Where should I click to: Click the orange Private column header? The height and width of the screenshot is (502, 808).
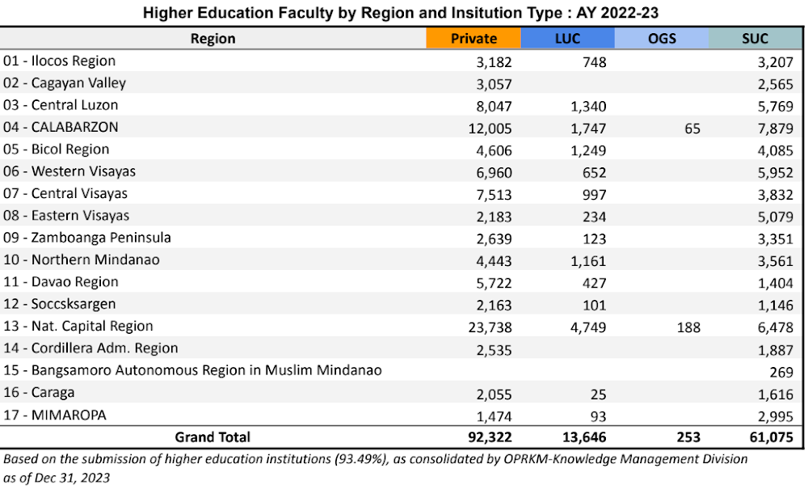coord(473,39)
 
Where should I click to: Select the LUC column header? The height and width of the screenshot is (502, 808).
coord(567,39)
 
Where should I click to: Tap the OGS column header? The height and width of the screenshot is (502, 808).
coord(662,39)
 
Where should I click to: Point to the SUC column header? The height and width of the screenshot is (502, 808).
coord(755,39)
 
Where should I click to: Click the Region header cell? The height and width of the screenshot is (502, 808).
coord(213,39)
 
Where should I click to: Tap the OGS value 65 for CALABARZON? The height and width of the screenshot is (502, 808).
coord(692,128)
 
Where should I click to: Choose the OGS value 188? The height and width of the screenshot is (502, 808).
coord(689,327)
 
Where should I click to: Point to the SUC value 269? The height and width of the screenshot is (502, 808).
coord(783,371)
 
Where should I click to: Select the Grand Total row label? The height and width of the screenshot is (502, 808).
coord(213,437)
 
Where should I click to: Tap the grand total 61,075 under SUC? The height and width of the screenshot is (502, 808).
coord(772,437)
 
